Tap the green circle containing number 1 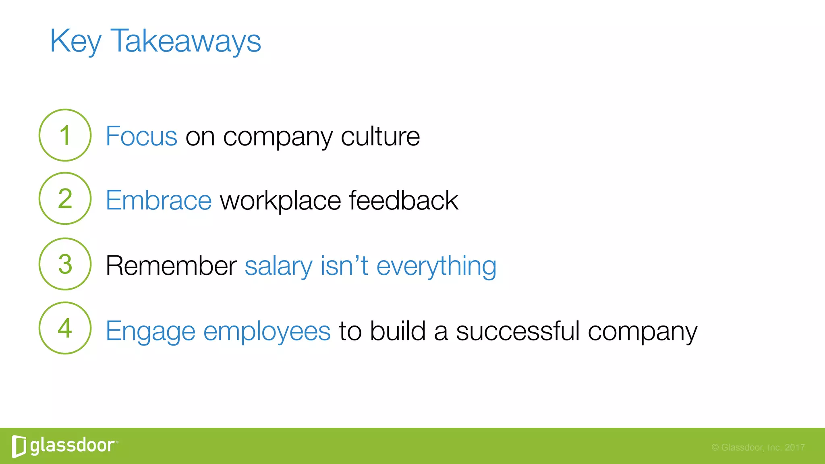click(x=65, y=135)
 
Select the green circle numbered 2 click(x=65, y=198)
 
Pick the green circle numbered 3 click(x=65, y=264)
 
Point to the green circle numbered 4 click(x=65, y=328)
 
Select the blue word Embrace click(x=159, y=200)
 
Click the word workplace click(x=280, y=200)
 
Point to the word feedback click(x=403, y=200)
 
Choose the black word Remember click(x=171, y=266)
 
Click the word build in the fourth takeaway click(x=398, y=331)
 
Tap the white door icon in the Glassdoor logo click(x=19, y=446)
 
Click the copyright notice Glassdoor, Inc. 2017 click(x=758, y=447)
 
